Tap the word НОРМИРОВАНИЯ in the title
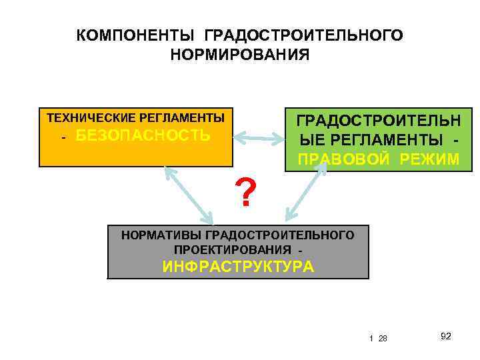point(240,53)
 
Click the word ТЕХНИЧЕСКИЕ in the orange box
point(91,118)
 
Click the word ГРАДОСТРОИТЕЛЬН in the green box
point(378,121)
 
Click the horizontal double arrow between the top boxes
point(259,139)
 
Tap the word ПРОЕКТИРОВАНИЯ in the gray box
point(233,249)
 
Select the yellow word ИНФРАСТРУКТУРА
point(238,267)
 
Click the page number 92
point(446,336)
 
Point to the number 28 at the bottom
point(383,339)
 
